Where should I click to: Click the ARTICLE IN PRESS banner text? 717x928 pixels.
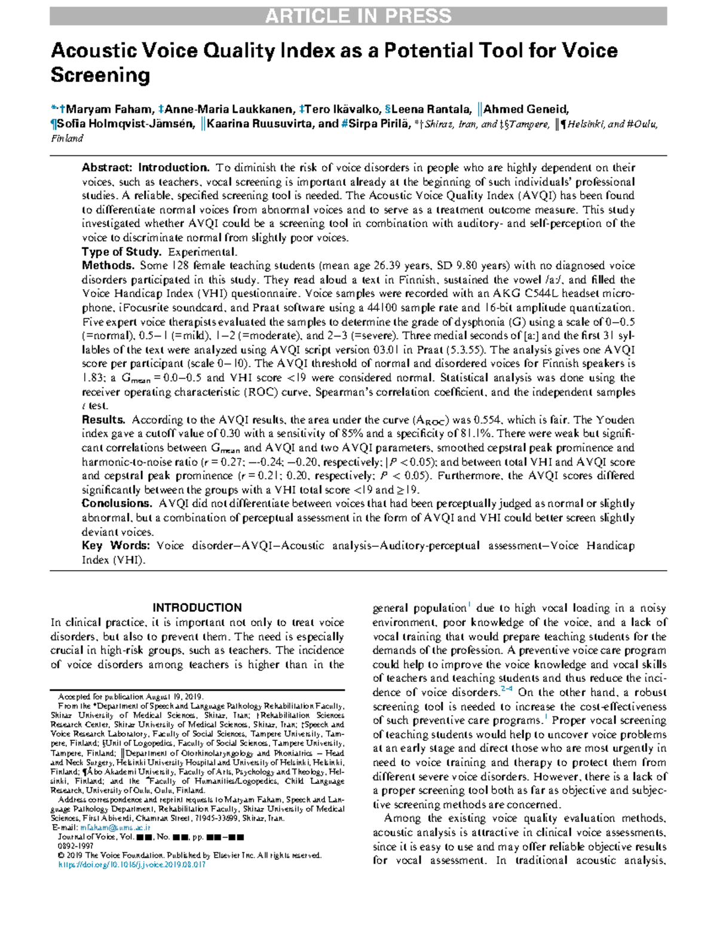pyautogui.click(x=358, y=16)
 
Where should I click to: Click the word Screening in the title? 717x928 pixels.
pyautogui.click(x=100, y=76)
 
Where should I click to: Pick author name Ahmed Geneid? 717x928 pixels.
pyautogui.click(x=525, y=109)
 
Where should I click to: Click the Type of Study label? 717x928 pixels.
pyautogui.click(x=121, y=252)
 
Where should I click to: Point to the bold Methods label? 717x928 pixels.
pyautogui.click(x=108, y=265)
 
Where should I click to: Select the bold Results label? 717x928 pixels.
pyautogui.click(x=103, y=419)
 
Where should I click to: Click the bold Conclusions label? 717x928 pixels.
pyautogui.click(x=117, y=504)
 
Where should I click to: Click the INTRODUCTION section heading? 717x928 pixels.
pyautogui.click(x=197, y=608)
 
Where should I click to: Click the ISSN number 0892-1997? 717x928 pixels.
pyautogui.click(x=75, y=846)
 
